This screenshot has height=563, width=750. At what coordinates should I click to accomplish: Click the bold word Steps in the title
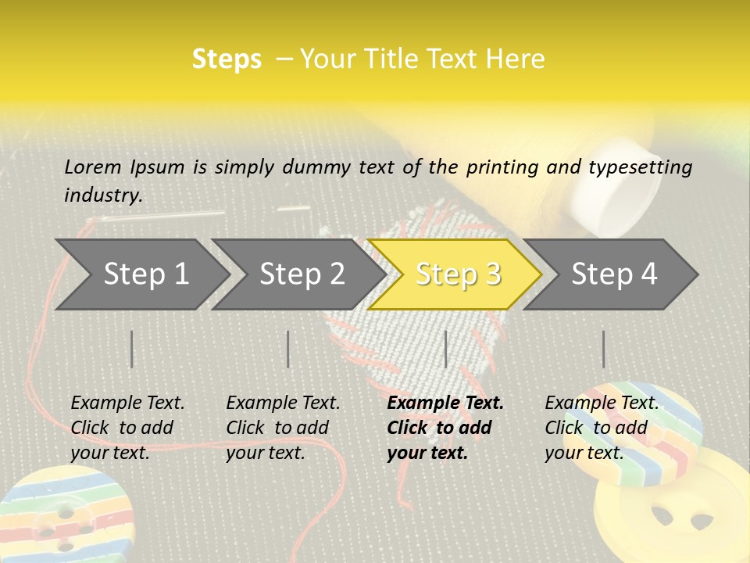pos(227,59)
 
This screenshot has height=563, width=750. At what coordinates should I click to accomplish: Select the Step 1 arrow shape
pos(145,274)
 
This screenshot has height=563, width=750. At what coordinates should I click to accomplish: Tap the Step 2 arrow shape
pos(302,274)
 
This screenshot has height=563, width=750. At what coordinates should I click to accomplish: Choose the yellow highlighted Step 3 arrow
pos(458,274)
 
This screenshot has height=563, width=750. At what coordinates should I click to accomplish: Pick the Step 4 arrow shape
pos(614,274)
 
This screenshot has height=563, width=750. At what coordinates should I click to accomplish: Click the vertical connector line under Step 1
pos(132,349)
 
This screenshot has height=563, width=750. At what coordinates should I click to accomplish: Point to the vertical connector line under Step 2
pos(288,349)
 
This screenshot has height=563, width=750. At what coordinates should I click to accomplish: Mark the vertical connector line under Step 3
pos(445,349)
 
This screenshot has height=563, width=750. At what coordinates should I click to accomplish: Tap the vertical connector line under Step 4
pos(603,349)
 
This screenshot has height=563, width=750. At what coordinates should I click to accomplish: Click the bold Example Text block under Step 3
pos(445,428)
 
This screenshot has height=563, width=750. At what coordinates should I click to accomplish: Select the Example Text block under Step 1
pos(127,428)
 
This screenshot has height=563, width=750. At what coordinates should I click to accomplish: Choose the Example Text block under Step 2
pos(283,428)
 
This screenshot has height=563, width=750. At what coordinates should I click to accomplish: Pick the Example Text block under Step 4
pos(602,428)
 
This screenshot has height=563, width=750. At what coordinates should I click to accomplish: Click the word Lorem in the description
pos(93,167)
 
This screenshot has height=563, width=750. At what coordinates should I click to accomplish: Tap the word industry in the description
pos(102,195)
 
